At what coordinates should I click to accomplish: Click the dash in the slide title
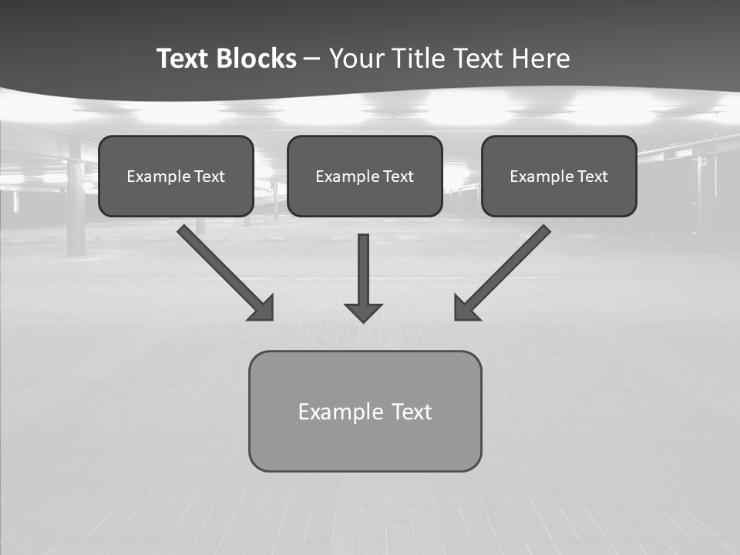(x=312, y=59)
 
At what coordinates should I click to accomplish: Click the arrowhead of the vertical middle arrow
(x=363, y=312)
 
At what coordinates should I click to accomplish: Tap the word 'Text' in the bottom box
(x=412, y=412)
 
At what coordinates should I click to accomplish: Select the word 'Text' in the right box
(x=593, y=177)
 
